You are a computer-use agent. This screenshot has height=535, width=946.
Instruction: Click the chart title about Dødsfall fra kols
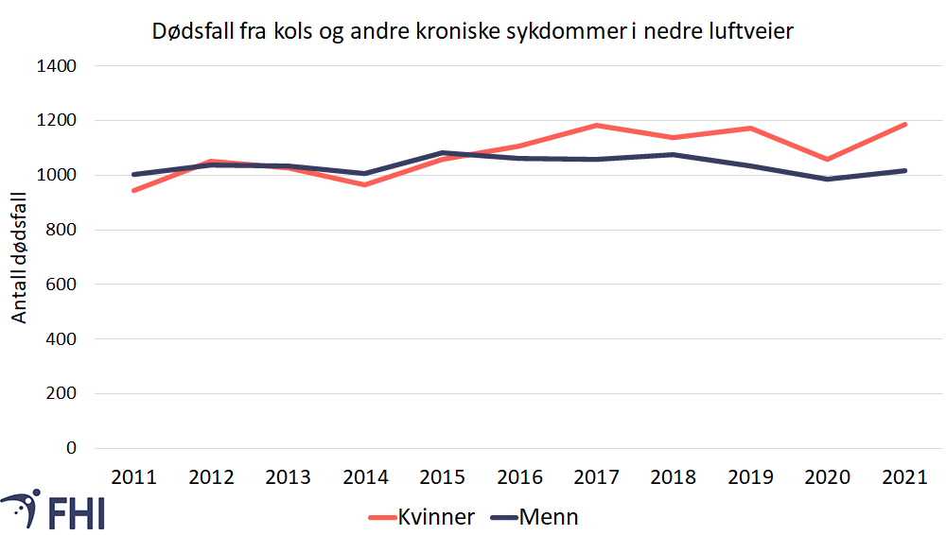[x=472, y=31]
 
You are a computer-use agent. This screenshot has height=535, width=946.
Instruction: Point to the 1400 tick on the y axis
[x=57, y=66]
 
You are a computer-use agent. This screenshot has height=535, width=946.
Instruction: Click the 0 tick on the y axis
[x=68, y=448]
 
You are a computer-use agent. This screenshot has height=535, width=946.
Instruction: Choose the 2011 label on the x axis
[x=133, y=476]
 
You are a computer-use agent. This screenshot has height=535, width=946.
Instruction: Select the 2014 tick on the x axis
[x=365, y=476]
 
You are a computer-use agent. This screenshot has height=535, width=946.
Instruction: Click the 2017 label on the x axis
[x=597, y=476]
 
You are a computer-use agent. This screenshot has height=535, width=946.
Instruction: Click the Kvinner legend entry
[x=423, y=517]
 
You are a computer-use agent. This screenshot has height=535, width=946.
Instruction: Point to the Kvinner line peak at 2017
[x=597, y=125]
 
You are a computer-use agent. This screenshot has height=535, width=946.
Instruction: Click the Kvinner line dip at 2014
[x=365, y=184]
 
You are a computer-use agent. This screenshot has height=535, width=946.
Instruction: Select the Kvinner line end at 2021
[x=905, y=124]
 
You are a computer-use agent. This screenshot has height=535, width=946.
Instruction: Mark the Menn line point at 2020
[x=829, y=179]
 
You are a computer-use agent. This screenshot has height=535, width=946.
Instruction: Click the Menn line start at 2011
[x=134, y=174]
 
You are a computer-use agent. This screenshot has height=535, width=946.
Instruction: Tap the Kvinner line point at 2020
[x=829, y=159]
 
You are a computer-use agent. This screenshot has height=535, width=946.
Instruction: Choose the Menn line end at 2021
[x=905, y=170]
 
